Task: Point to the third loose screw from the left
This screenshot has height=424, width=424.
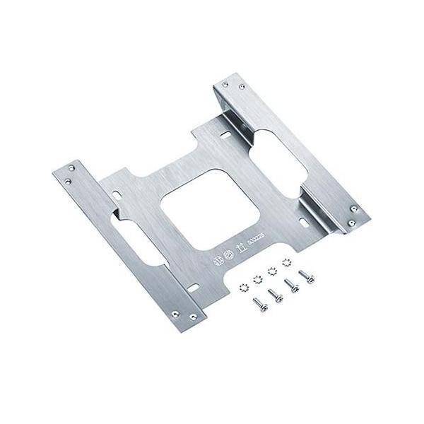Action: coord(289,285)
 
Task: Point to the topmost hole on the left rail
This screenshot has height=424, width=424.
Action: coord(71,167)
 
